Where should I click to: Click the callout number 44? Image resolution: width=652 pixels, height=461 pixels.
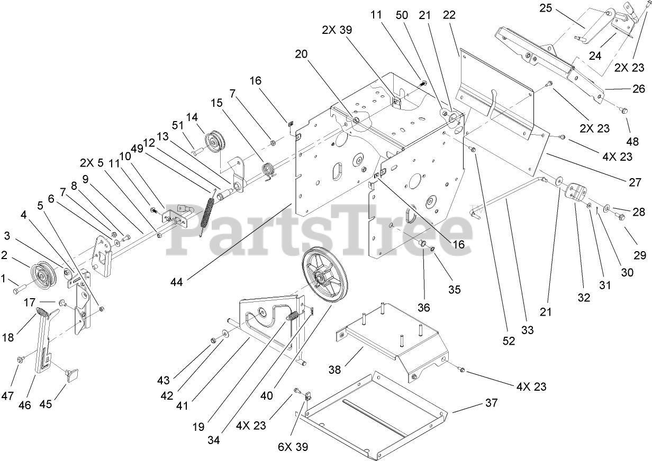tap(177, 283)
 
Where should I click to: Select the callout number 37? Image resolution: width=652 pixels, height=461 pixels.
tap(492, 403)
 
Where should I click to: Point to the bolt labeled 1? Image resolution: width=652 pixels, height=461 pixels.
tap(17, 290)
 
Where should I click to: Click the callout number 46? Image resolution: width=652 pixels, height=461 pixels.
tap(24, 405)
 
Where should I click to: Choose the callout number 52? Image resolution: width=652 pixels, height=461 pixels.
tap(509, 342)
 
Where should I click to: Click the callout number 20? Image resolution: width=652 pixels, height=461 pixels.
tap(301, 54)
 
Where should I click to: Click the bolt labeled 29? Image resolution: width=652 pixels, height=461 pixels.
tap(620, 217)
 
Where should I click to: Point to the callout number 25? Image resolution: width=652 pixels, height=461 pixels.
tap(546, 8)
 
